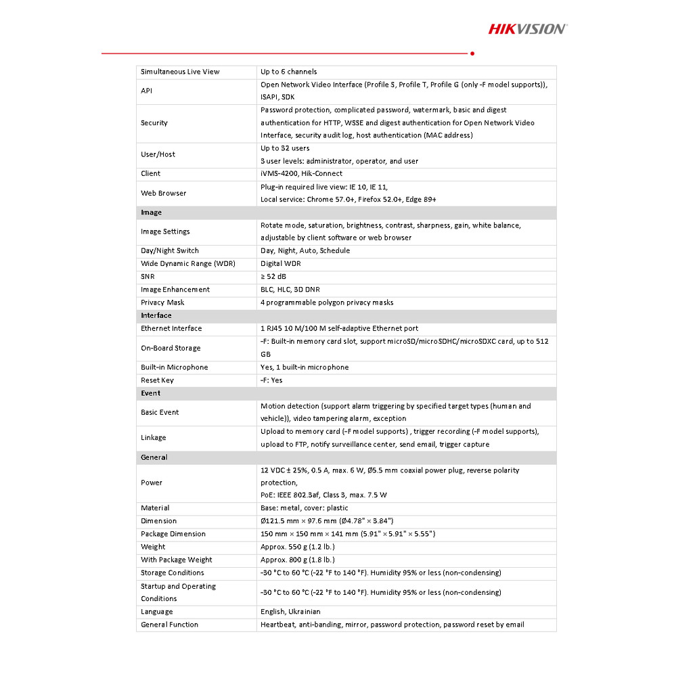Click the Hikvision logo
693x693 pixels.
point(528,28)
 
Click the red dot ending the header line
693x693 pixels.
point(472,53)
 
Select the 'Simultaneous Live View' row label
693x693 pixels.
point(180,72)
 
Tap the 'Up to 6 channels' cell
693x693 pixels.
point(289,72)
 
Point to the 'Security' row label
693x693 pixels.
point(154,123)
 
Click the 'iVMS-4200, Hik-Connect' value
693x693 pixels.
point(303,174)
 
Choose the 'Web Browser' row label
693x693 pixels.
point(164,194)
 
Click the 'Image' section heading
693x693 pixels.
point(152,213)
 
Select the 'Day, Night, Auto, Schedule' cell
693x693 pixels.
point(305,251)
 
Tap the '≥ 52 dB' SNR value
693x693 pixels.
point(274,277)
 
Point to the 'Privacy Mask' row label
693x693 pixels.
point(162,303)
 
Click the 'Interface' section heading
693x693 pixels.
point(156,315)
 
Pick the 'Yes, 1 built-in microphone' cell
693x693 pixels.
point(305,367)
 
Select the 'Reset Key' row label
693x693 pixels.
point(158,380)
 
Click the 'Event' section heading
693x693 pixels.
point(151,393)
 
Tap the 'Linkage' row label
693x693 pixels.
point(154,438)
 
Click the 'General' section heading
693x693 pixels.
point(154,457)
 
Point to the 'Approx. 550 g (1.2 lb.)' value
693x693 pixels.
point(298,547)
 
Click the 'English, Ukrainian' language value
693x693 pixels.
point(290,612)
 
